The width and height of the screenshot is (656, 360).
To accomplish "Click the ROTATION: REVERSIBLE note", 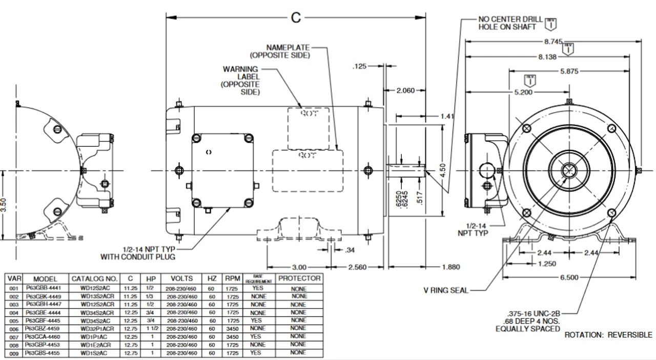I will (x=608, y=335).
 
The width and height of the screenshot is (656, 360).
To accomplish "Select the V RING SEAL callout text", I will (x=445, y=291).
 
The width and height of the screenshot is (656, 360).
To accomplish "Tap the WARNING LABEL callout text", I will (x=241, y=81).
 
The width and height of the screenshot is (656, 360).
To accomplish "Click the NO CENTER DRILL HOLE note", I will (x=510, y=23).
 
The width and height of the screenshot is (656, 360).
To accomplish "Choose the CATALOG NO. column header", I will (x=95, y=278).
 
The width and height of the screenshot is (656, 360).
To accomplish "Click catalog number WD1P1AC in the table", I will (x=95, y=336).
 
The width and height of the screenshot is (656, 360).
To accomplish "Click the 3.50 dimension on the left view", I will (x=4, y=205).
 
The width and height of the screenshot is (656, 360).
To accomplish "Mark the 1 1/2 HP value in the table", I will (x=151, y=328).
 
